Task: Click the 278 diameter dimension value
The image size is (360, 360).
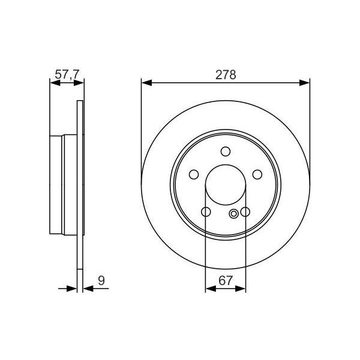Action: [225, 75]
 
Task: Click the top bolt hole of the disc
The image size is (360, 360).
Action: [226, 151]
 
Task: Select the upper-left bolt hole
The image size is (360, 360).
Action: [194, 175]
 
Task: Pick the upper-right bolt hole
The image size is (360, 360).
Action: [257, 175]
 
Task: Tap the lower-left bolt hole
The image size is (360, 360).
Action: [206, 212]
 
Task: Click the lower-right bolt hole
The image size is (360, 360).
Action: [245, 212]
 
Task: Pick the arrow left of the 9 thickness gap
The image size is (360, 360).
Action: [73, 289]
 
